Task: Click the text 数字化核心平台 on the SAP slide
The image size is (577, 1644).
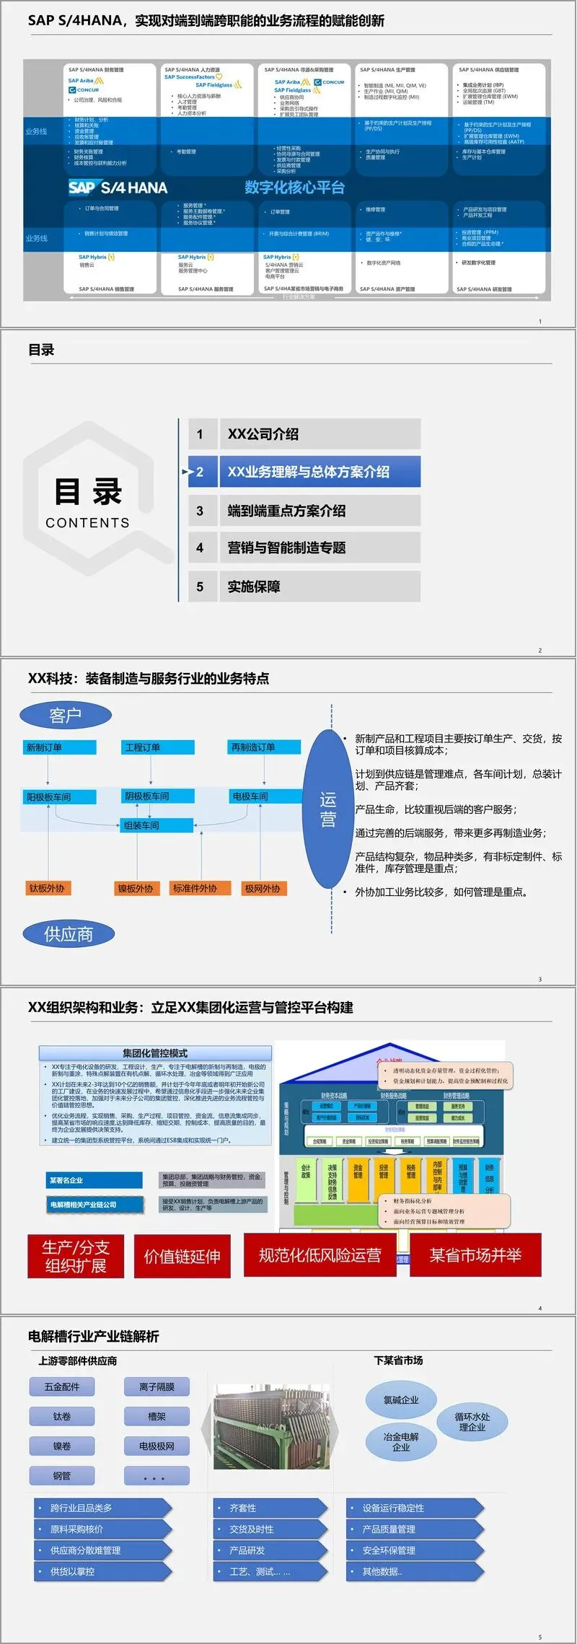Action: tap(294, 188)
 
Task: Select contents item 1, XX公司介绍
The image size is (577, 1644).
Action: tap(304, 434)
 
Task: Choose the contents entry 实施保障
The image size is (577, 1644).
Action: tap(304, 586)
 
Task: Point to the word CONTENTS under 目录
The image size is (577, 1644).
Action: tap(87, 523)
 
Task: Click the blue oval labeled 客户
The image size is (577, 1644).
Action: tap(66, 715)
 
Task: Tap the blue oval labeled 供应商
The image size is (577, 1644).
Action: tap(69, 934)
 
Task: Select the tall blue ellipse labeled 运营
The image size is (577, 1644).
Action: tap(328, 809)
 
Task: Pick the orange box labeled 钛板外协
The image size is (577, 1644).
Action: tap(47, 889)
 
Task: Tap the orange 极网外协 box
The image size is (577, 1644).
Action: tap(263, 889)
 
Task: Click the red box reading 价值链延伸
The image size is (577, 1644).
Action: tap(182, 1257)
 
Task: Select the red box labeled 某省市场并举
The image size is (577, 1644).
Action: tap(475, 1255)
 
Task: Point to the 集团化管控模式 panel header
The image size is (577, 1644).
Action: tap(155, 1053)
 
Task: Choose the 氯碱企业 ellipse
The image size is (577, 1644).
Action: tap(401, 1400)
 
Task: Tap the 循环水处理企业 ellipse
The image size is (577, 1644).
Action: tap(472, 1422)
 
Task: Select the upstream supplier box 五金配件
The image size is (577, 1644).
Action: tap(62, 1386)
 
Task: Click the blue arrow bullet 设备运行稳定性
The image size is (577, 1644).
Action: tap(415, 1508)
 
